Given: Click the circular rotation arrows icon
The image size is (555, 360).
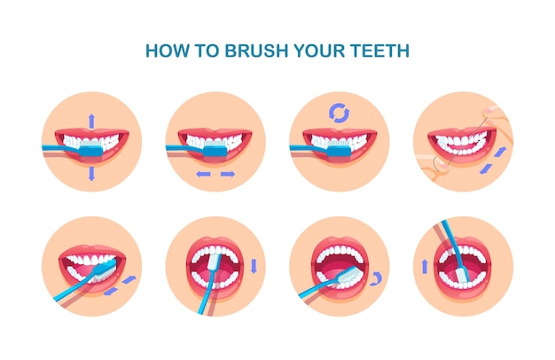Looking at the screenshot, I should point(339,113).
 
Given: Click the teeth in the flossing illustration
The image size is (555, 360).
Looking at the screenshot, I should point(462,142).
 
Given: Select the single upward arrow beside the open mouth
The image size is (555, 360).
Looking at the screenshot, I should point(423,266).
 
